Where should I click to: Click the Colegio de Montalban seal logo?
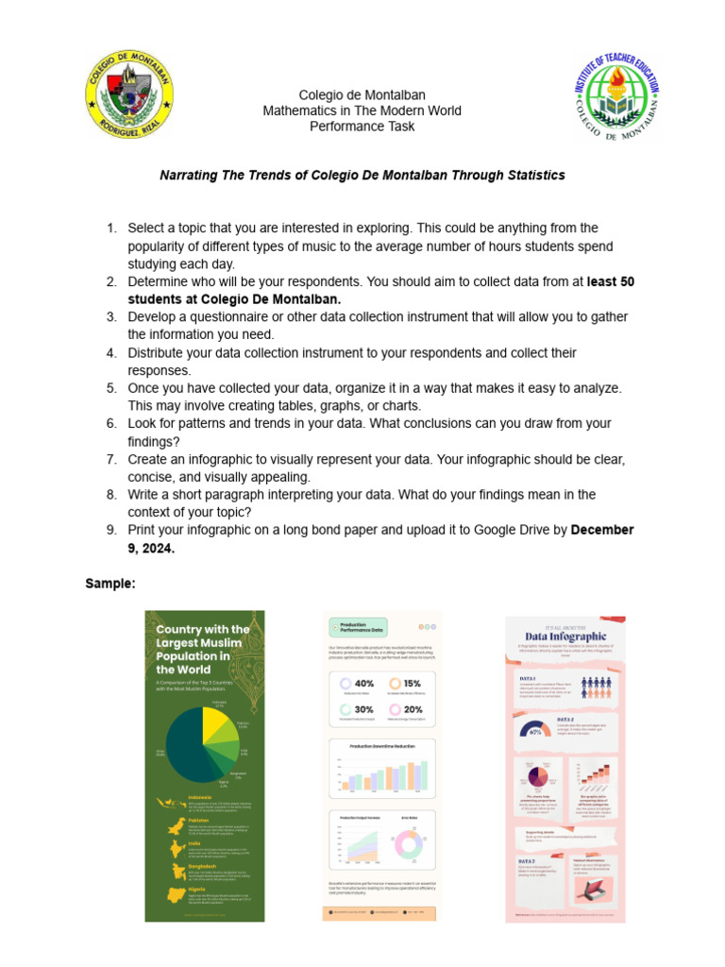point(129,94)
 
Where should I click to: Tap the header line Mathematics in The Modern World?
point(362,110)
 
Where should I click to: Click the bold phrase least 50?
point(613,281)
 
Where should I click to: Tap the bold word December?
point(602,530)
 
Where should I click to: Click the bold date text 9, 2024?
point(151,548)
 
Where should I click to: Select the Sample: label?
point(110,584)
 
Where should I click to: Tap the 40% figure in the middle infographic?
point(363,684)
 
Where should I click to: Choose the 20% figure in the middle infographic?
point(413,709)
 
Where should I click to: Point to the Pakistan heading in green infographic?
point(198,821)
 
